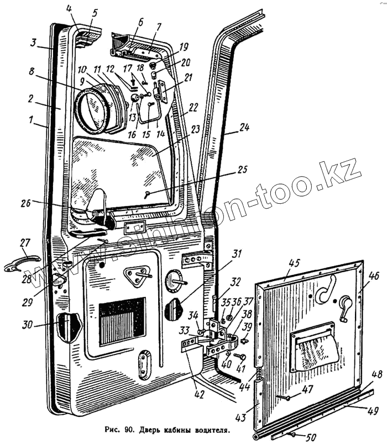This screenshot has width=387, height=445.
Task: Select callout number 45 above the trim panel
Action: pyautogui.click(x=292, y=263)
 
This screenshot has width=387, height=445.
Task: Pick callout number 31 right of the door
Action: pyautogui.click(x=237, y=253)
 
